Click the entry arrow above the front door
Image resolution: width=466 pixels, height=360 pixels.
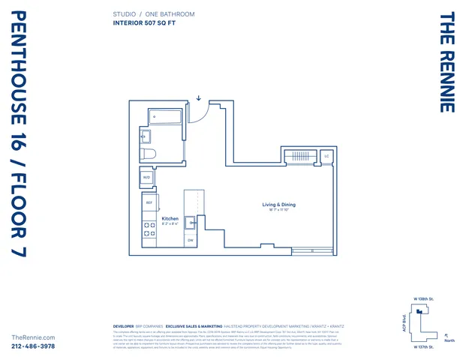(x=199, y=97)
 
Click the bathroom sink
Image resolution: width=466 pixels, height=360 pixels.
(x=146, y=136)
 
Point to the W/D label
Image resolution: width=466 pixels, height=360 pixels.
(x=147, y=178)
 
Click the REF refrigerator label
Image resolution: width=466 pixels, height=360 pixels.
(x=149, y=202)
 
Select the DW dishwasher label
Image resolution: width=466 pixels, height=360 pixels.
(x=191, y=240)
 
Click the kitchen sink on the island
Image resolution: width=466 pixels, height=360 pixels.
(x=191, y=221)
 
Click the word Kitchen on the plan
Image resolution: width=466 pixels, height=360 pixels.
(x=170, y=218)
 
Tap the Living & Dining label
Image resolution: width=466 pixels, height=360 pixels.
(x=278, y=205)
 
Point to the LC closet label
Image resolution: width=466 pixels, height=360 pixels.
(x=326, y=156)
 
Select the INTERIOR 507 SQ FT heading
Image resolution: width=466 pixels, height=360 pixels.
(x=148, y=23)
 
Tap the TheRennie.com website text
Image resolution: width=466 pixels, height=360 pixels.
(x=33, y=337)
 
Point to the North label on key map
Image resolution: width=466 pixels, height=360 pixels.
(x=449, y=340)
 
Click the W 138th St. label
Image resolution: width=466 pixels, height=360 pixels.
(x=425, y=298)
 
